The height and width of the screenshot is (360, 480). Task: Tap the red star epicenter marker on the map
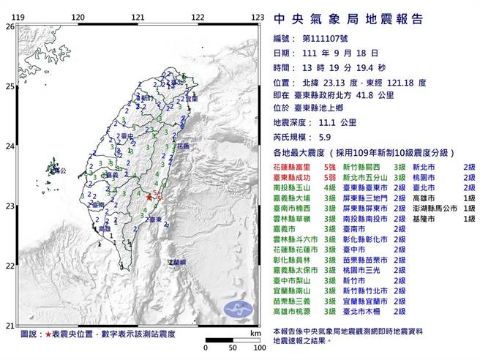coord(149,196)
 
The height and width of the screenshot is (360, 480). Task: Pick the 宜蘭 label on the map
coord(192,98)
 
